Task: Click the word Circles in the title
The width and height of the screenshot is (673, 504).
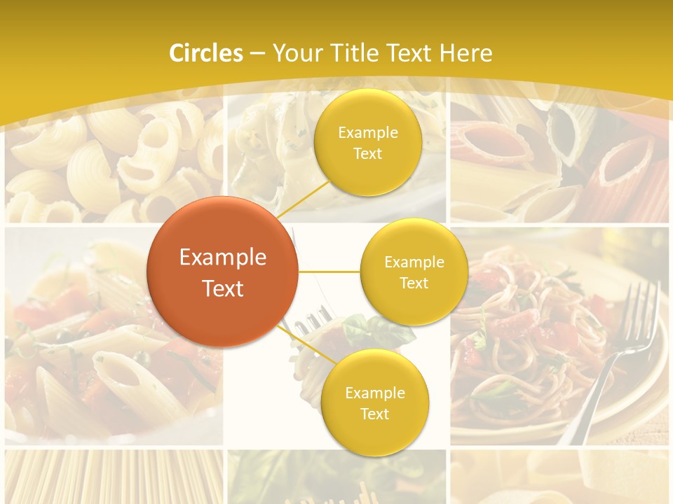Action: [x=206, y=53]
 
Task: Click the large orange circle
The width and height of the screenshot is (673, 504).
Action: [x=222, y=272]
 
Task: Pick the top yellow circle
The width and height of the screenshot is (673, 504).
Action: [x=367, y=143]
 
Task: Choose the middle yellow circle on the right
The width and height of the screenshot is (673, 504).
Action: [x=414, y=272]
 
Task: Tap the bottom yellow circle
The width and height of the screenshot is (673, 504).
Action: [x=374, y=403]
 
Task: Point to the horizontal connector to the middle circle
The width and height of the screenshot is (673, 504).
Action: [x=329, y=272]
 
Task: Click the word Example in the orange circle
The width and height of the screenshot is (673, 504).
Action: [x=223, y=258]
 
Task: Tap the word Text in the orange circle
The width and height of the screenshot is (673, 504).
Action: [x=223, y=288]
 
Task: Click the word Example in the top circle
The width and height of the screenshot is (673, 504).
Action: [x=368, y=133]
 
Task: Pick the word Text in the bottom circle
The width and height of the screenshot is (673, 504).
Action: [x=374, y=414]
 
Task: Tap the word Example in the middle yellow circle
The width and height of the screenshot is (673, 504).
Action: [x=414, y=262]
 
